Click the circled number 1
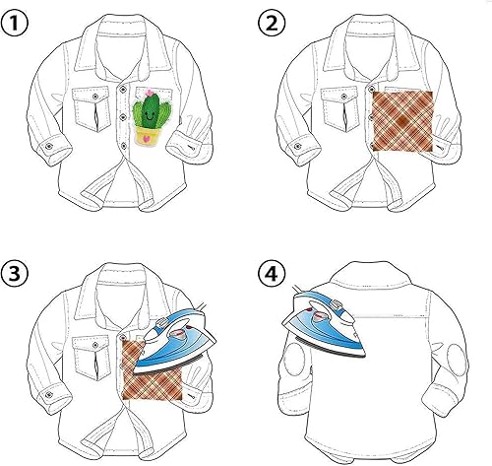14,24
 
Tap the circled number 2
272,24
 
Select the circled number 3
14,274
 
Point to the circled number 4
272,274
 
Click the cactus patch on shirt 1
152,116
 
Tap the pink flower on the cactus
150,93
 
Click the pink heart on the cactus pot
147,139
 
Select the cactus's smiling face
150,115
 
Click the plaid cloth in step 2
402,121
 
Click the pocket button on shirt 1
95,97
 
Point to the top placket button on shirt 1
123,88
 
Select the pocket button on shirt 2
344,97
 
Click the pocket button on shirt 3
95,345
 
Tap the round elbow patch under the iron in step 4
293,359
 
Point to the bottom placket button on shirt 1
124,146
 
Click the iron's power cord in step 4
298,289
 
